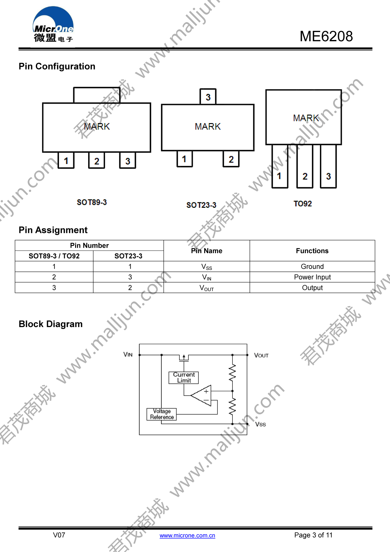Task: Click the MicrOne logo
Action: (53, 24)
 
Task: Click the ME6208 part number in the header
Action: (326, 36)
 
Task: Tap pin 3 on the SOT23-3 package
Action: (208, 97)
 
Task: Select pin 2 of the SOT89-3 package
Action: (97, 161)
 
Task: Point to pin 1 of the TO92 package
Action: (280, 167)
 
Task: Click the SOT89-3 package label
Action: (92, 202)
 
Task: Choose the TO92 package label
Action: (303, 204)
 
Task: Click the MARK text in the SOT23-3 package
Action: (208, 127)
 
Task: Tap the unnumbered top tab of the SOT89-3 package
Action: (97, 95)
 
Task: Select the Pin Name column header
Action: (207, 251)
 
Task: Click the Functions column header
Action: (312, 251)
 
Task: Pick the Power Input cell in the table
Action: (312, 277)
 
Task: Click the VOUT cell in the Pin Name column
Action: (207, 288)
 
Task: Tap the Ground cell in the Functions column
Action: (312, 266)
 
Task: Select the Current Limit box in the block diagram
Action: (184, 378)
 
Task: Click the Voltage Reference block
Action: (162, 414)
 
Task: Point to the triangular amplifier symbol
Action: (201, 396)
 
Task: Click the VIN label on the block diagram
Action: (128, 354)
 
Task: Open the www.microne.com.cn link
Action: (187, 536)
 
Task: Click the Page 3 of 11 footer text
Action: (313, 535)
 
